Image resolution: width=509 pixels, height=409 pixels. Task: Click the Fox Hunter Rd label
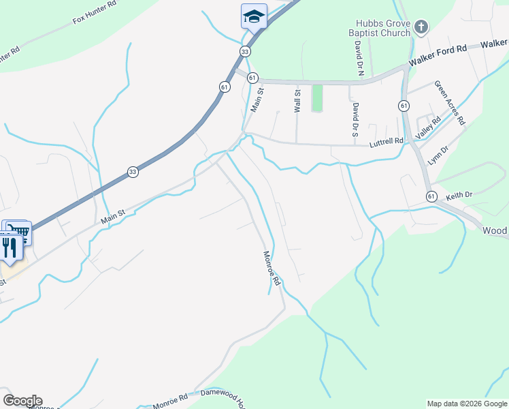(95, 17)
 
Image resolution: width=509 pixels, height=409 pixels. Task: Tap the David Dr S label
(355, 119)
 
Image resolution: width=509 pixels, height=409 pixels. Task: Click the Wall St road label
(297, 102)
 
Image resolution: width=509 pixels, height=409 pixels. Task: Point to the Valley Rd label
(429, 127)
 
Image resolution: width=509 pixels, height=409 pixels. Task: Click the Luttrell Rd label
(389, 141)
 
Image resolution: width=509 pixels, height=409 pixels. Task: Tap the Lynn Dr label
(438, 156)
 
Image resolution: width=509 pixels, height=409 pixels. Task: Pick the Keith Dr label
(459, 196)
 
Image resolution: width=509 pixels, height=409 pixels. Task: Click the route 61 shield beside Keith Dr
(431, 196)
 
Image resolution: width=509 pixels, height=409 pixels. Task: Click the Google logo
(22, 401)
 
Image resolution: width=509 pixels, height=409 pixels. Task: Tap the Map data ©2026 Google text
(466, 404)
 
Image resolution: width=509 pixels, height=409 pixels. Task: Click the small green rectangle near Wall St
(316, 98)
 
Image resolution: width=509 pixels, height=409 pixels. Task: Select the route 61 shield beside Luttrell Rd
(404, 106)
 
